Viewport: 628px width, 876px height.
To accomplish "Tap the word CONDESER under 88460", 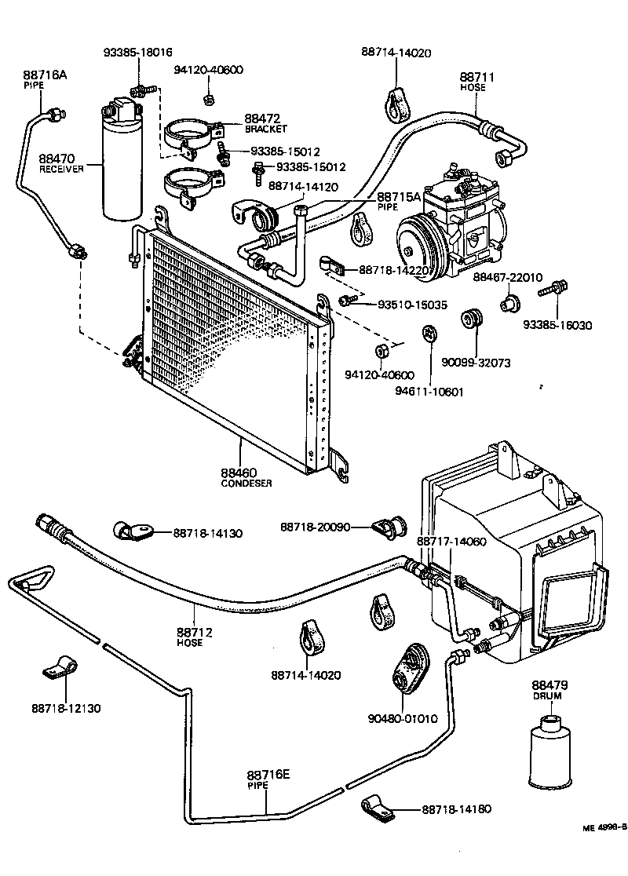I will click(246, 484).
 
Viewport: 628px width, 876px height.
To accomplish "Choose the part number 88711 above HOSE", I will click(473, 77).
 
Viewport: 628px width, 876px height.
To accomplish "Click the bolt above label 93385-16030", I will click(555, 290).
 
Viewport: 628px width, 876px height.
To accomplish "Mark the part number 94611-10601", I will click(430, 390).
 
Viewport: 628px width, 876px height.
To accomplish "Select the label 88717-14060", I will click(451, 542).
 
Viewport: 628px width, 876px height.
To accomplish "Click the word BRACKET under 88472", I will click(265, 129).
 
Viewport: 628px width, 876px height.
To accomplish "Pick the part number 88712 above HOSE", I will click(195, 631).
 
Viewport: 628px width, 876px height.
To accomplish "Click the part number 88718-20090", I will click(315, 527).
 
